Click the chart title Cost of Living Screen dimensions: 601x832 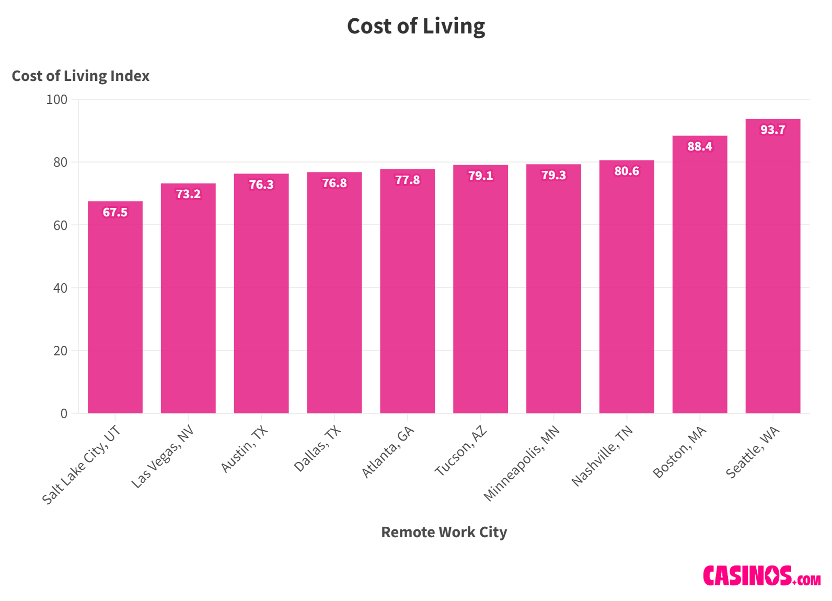point(416,26)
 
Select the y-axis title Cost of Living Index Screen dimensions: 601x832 point(80,76)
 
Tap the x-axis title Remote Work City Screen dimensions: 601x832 point(444,532)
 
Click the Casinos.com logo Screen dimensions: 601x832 point(761,575)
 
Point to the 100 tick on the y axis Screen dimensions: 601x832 point(57,99)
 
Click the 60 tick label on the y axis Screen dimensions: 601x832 point(60,225)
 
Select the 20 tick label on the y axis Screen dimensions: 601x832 point(60,351)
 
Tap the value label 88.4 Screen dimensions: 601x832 point(699,146)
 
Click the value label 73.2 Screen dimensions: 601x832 point(188,194)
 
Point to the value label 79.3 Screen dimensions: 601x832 point(553,175)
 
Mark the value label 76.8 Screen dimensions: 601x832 point(334,183)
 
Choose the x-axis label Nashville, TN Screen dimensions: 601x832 point(602,456)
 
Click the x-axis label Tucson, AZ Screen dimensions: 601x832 point(461,451)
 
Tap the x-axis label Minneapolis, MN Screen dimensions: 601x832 point(522,463)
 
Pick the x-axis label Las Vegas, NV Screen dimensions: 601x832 point(163,457)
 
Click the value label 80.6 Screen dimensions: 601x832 point(627,171)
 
